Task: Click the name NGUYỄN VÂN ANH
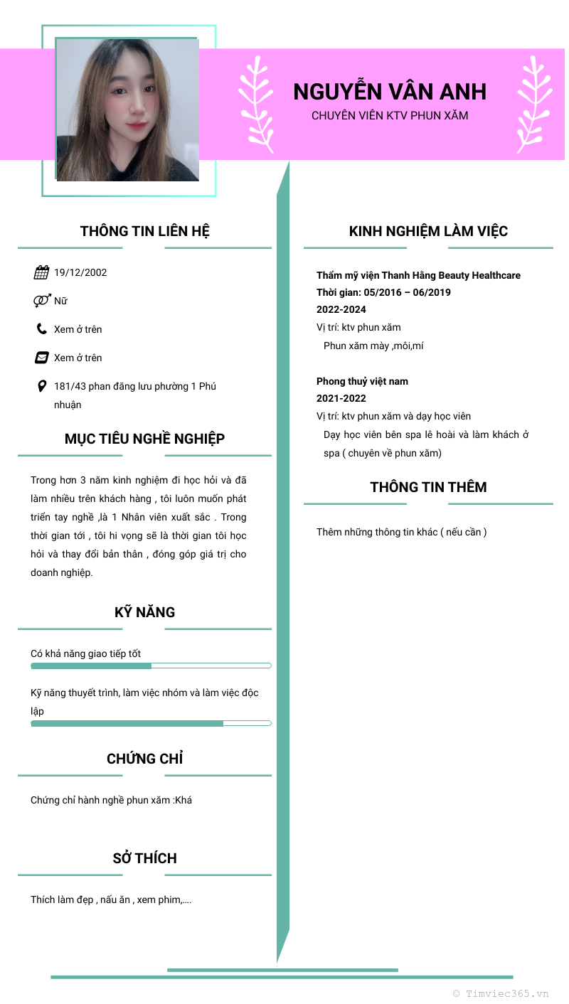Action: pyautogui.click(x=390, y=92)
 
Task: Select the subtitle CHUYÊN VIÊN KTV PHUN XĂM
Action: pyautogui.click(x=390, y=115)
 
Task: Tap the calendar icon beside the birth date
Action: pyautogui.click(x=41, y=272)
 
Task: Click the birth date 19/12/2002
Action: pyautogui.click(x=80, y=272)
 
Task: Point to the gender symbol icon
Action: pyautogui.click(x=41, y=301)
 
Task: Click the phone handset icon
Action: pyautogui.click(x=41, y=329)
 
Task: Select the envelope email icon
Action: pyautogui.click(x=41, y=358)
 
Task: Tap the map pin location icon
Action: pyautogui.click(x=41, y=386)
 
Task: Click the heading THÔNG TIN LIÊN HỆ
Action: pyautogui.click(x=144, y=231)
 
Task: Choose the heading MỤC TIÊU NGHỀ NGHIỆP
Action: pyautogui.click(x=144, y=439)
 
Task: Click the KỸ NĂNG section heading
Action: pyautogui.click(x=144, y=612)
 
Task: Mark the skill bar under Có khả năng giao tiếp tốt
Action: pyautogui.click(x=151, y=666)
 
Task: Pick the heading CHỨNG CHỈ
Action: pyautogui.click(x=144, y=759)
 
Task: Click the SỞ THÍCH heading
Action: pyautogui.click(x=144, y=858)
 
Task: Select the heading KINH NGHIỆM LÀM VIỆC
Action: pyautogui.click(x=428, y=231)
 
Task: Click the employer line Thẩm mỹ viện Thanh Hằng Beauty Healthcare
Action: pyautogui.click(x=418, y=275)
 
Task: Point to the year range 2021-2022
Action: pyautogui.click(x=341, y=399)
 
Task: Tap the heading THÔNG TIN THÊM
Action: pyautogui.click(x=428, y=487)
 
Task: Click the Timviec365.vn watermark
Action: pyautogui.click(x=501, y=993)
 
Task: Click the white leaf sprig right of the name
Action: pyautogui.click(x=533, y=105)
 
